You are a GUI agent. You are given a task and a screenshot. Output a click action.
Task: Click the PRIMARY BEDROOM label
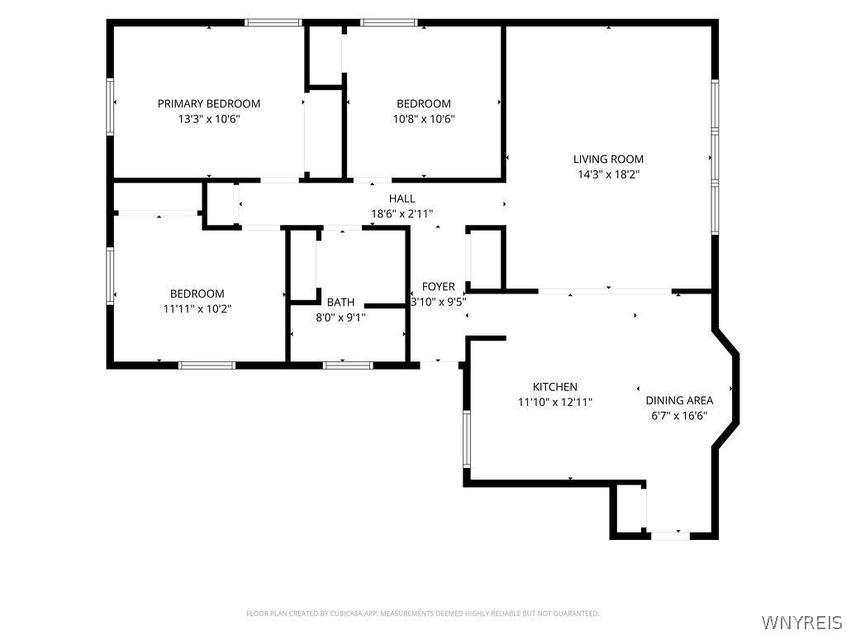point(209,103)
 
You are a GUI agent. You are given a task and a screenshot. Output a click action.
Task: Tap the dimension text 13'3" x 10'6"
point(209,119)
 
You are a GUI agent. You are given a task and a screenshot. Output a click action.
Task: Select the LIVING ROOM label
point(608,160)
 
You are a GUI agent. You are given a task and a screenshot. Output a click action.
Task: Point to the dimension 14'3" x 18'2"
point(608,174)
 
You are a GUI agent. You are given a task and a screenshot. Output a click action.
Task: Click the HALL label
point(402,198)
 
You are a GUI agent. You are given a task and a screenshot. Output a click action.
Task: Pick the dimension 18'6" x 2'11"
point(402,214)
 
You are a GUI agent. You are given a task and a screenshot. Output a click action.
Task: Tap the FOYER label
point(438,287)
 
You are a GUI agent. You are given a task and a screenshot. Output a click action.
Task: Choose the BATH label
point(340,303)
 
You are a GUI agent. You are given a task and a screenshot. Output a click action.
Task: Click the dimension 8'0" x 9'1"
point(340,317)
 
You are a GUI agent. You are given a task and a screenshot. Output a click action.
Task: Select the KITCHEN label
point(554,387)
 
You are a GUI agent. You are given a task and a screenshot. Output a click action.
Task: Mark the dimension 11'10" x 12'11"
point(555,403)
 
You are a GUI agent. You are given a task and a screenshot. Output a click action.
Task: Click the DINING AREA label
point(679,401)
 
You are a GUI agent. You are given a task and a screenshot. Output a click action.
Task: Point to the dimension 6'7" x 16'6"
point(679,416)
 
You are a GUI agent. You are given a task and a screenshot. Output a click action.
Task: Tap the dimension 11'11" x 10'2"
point(197,309)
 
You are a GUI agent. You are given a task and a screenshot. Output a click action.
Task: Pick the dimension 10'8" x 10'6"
point(424,119)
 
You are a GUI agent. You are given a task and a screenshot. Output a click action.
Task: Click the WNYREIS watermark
point(801,623)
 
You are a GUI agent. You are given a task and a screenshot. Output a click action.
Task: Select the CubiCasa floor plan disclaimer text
point(422,614)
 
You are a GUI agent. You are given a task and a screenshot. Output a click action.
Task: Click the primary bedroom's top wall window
point(273,22)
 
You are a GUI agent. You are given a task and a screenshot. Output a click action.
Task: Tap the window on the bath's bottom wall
point(348,365)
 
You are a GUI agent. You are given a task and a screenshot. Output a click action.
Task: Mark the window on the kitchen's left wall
point(467,438)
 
